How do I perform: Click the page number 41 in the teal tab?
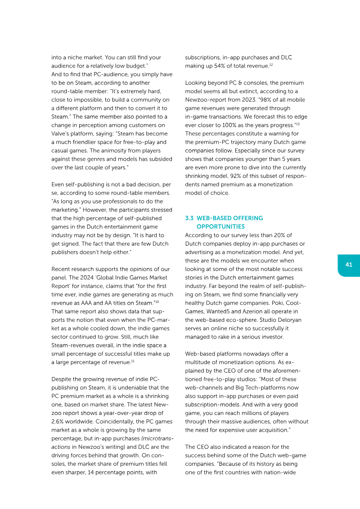tap(349, 265)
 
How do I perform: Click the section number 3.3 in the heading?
tap(189, 218)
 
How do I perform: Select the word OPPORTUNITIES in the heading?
tap(220, 226)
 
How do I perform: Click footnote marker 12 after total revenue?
tap(271, 65)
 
